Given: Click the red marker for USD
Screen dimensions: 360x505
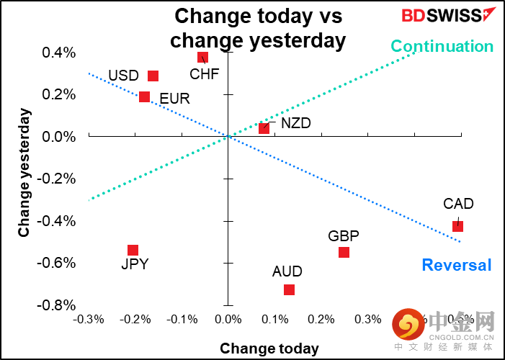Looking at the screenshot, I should (153, 76).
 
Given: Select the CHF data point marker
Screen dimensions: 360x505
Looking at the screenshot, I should (202, 58).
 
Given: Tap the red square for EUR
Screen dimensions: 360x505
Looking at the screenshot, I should (144, 97).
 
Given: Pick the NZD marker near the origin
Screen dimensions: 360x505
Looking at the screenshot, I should (264, 128).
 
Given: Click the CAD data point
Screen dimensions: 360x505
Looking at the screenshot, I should (457, 226).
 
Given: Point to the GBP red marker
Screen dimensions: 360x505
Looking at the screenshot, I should (344, 252).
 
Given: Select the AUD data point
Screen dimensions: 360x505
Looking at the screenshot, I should (289, 289).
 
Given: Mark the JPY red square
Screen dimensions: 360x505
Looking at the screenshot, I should (133, 250).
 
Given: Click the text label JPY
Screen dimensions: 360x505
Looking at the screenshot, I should (135, 264).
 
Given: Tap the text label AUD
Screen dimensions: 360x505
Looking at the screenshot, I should (287, 272).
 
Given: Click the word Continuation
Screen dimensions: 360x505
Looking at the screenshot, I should (442, 47).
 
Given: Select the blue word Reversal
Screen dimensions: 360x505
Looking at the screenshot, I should (457, 265).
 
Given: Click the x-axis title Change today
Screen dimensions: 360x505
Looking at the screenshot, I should (269, 349).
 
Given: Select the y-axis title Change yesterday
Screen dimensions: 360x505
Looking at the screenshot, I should (24, 173).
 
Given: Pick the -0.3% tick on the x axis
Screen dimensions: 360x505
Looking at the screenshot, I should (89, 319).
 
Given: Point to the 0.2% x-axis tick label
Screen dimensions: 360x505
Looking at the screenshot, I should (321, 319).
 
